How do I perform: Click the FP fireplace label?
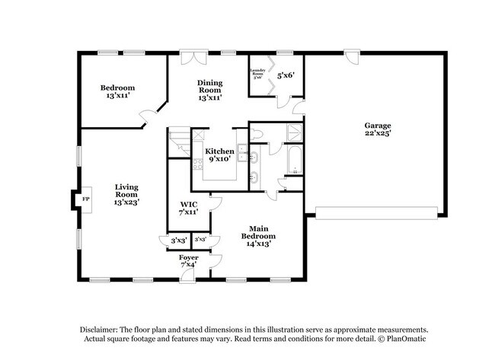(85, 199)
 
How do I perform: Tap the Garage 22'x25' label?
(377, 129)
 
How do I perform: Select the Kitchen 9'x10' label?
(219, 155)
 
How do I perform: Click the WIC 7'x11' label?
(188, 208)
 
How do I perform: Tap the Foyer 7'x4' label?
(189, 261)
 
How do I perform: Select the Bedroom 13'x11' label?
(118, 92)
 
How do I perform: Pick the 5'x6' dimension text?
(286, 75)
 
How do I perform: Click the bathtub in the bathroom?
(293, 160)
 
